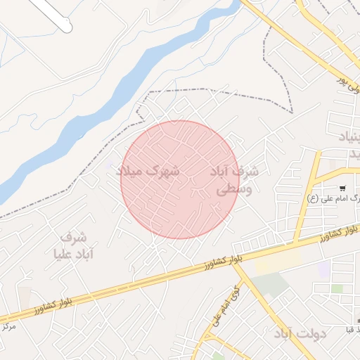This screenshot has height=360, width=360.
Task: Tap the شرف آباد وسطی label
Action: tap(234, 181)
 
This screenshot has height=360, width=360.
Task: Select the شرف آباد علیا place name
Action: tap(68, 245)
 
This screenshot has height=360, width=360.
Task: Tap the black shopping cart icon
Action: tap(342, 188)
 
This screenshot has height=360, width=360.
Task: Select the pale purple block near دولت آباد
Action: tap(323, 269)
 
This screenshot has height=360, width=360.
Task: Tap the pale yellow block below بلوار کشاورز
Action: tap(274, 264)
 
